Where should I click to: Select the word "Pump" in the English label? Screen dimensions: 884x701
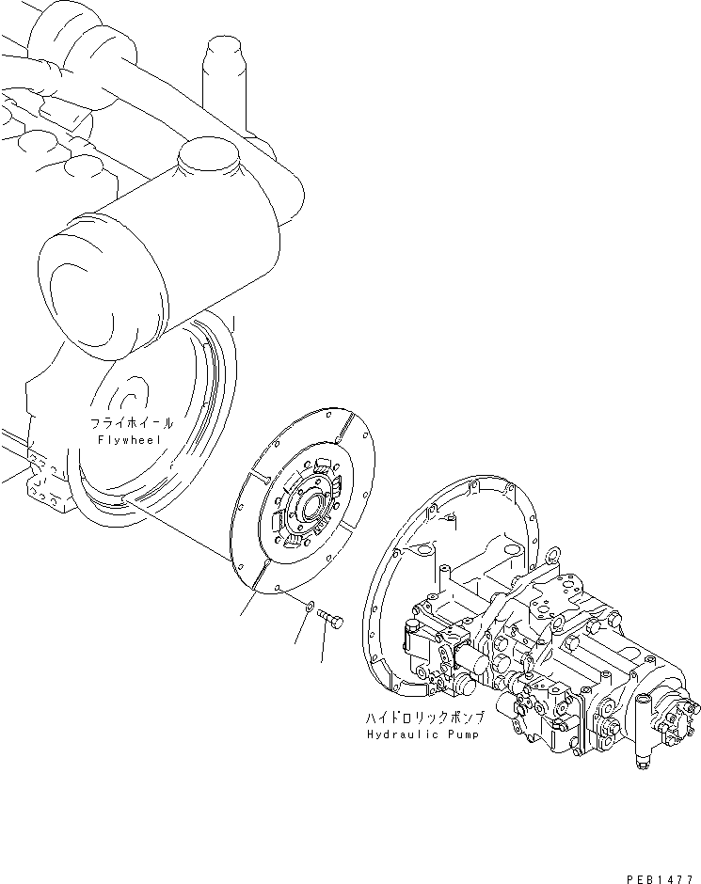pos(461,734)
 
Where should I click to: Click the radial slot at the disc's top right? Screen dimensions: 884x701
pos(344,428)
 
